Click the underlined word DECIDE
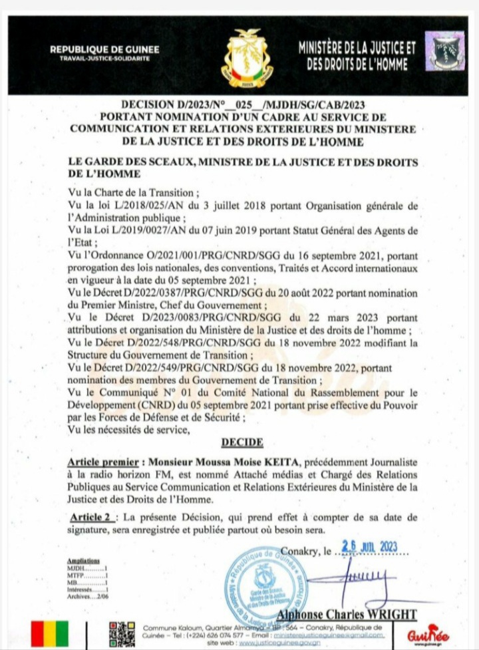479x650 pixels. click(242, 442)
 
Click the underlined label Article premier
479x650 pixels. click(104, 462)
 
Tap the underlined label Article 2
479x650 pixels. click(92, 518)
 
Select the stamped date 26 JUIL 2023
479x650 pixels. click(369, 547)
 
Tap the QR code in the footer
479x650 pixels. click(122, 634)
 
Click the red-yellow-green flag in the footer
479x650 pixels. click(50, 634)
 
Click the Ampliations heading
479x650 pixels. click(84, 562)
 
